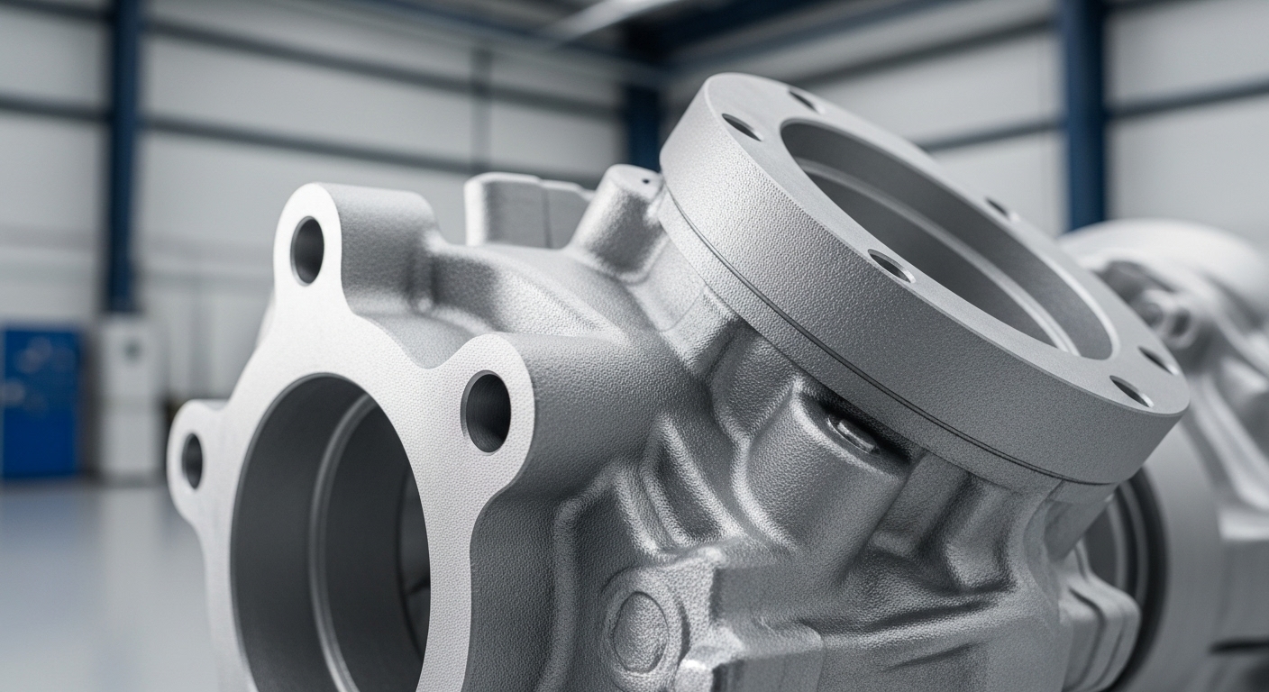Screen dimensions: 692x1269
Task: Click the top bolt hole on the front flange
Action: tap(307, 250)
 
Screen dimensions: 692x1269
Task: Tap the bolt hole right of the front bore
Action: tap(486, 412)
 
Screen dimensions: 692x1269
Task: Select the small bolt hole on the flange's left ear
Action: tap(192, 460)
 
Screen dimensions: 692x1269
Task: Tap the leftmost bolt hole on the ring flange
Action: tap(741, 127)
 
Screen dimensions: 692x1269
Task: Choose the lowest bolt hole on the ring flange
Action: tap(1131, 391)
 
